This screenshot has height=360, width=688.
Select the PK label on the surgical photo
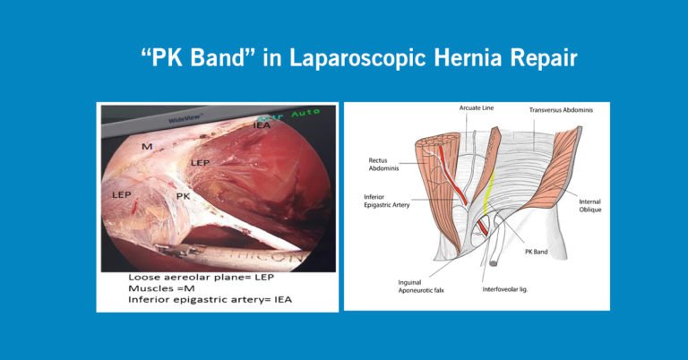(x=183, y=195)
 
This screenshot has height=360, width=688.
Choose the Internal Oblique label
(x=592, y=207)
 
